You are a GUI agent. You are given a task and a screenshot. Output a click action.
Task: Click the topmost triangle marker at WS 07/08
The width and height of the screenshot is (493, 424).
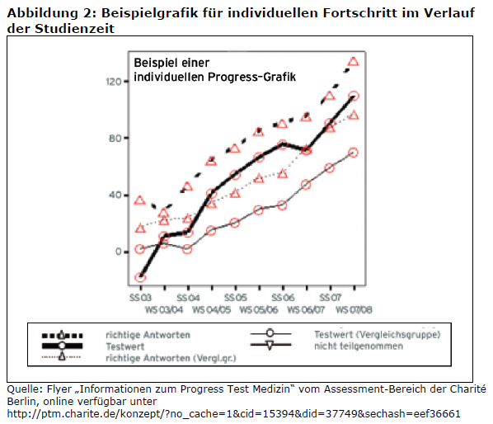click(354, 61)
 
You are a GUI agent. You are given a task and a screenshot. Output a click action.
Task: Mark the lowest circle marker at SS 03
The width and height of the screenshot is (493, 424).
click(140, 278)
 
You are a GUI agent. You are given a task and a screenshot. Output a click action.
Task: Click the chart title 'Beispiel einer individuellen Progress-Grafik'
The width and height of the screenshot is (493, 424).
click(214, 69)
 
